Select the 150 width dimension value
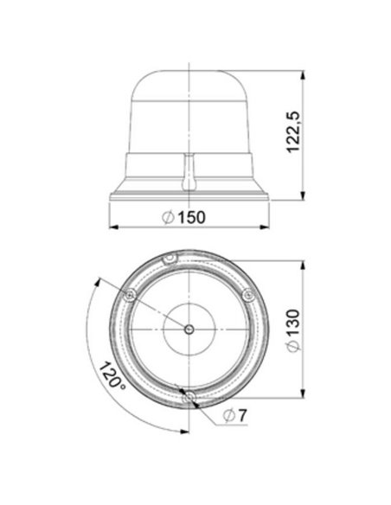(192, 218)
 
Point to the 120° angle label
(110, 376)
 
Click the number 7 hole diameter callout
(243, 417)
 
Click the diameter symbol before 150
(169, 218)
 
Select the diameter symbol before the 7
(228, 417)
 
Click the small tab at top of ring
(170, 258)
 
